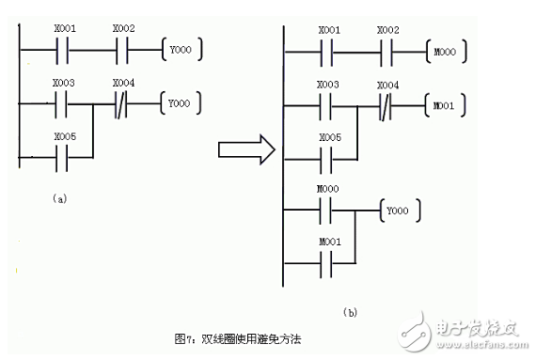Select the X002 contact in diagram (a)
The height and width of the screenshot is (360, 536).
123,46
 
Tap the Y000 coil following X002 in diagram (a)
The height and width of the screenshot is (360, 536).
181,46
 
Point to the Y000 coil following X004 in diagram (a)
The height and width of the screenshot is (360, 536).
181,101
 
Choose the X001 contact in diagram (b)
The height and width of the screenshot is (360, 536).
329,46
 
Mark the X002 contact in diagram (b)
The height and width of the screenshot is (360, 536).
387,46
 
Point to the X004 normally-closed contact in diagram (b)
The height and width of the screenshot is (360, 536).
387,102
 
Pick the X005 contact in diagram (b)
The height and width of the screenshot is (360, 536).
329,156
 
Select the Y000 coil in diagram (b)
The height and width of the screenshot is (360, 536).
397,211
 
